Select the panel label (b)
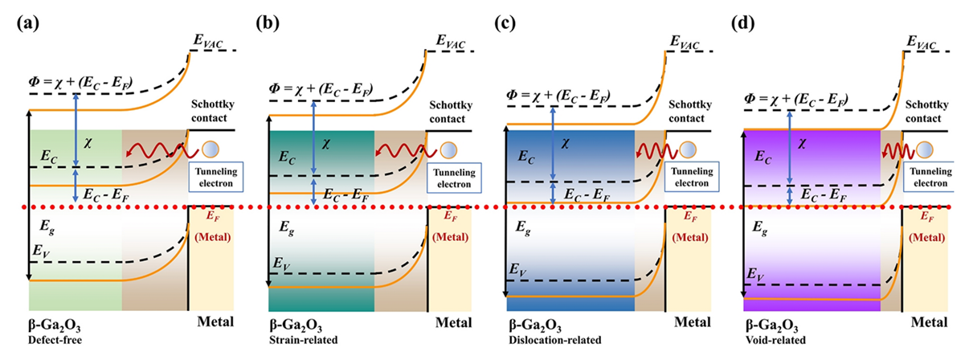[266, 22]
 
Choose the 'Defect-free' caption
[50, 339]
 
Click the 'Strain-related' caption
[296, 339]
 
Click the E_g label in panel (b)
[283, 228]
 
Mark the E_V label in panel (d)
[757, 276]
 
